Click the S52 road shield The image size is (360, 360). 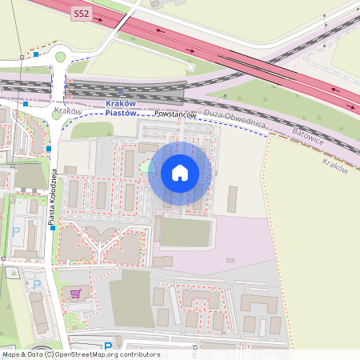pyautogui.click(x=82, y=14)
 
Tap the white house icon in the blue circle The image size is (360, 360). pyautogui.click(x=179, y=173)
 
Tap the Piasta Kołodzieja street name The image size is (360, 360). pyautogui.click(x=50, y=195)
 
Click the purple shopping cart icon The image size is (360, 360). pyautogui.click(x=76, y=294)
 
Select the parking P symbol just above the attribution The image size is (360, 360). pyautogui.click(x=108, y=346)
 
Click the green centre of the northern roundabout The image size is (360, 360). pyautogui.click(x=60, y=57)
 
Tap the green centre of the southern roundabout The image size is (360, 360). pyautogui.click(x=55, y=114)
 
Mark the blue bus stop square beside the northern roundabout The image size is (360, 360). pyautogui.click(x=36, y=54)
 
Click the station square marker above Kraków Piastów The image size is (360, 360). pyautogui.click(x=120, y=91)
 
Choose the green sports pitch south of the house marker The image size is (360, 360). pyautogui.click(x=186, y=232)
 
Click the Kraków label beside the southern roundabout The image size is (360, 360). pyautogui.click(x=68, y=111)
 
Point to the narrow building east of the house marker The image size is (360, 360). pyautogui.click(x=232, y=198)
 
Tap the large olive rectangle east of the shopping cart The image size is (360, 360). pyautogui.click(x=130, y=298)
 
